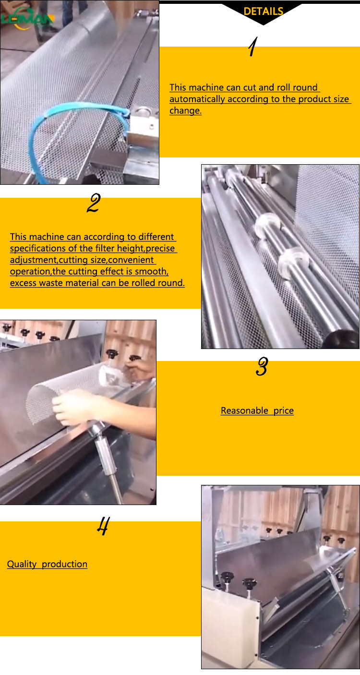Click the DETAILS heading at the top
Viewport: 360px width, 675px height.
coord(263,11)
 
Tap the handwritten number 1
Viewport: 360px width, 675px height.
coord(252,48)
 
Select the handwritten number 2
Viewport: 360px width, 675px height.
coord(93,204)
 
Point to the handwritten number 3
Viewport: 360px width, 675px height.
coord(261,367)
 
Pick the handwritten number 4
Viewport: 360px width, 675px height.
coord(103,527)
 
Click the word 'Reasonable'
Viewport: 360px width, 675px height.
coord(244,410)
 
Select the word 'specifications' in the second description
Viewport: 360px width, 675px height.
coord(38,248)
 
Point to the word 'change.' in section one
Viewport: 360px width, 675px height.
coord(185,110)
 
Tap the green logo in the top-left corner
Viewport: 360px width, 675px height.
coord(26,19)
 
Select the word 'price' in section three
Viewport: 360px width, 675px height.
coord(283,410)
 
